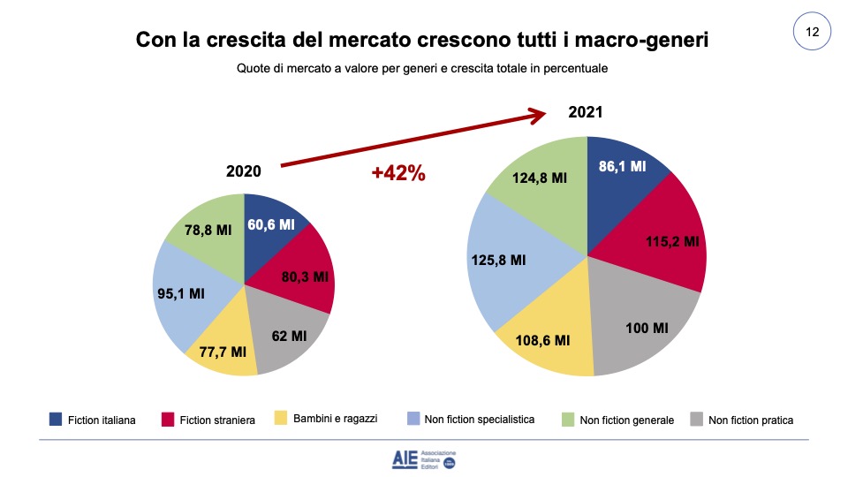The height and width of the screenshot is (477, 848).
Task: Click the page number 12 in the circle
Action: tap(812, 33)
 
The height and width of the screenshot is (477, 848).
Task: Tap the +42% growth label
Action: tap(398, 173)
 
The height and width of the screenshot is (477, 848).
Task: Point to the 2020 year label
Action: tap(244, 170)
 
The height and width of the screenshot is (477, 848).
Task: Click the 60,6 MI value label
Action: tap(271, 224)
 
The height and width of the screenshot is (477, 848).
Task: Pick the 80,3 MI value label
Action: tap(303, 276)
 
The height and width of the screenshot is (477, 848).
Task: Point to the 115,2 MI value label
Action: tap(670, 241)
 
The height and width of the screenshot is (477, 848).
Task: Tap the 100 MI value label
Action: tap(647, 329)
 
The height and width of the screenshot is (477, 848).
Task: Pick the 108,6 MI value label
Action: tap(542, 339)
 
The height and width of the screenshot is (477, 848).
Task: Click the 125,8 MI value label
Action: tap(500, 260)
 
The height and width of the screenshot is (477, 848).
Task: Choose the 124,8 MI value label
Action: tap(540, 178)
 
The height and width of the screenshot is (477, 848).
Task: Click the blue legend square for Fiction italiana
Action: tap(55, 420)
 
